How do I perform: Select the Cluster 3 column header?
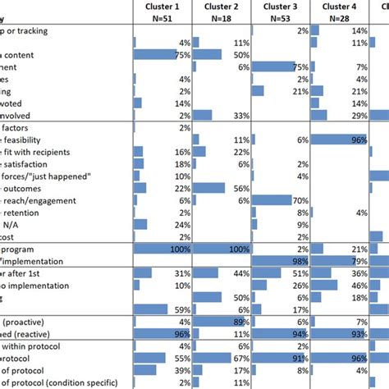click(279, 6)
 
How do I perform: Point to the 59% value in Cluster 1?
click(180, 309)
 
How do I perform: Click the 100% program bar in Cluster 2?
click(220, 249)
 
